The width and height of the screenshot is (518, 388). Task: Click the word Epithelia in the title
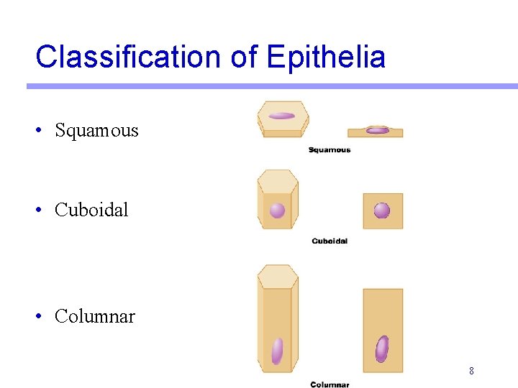click(x=326, y=57)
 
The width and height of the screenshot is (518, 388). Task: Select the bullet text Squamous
click(x=96, y=131)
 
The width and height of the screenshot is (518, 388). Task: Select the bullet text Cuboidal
click(x=91, y=210)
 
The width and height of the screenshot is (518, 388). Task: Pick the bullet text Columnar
click(x=94, y=316)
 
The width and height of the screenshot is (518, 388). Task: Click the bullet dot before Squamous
click(x=40, y=131)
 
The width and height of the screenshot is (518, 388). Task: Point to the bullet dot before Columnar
click(x=40, y=316)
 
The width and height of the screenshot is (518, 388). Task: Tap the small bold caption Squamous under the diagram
click(x=330, y=149)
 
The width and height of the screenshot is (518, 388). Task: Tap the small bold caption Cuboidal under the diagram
click(x=330, y=241)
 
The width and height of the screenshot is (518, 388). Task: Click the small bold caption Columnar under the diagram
click(x=330, y=384)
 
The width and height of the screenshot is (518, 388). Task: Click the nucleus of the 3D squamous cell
click(x=281, y=116)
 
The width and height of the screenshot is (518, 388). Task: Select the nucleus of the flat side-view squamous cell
click(x=377, y=130)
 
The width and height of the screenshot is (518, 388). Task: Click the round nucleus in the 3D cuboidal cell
click(x=277, y=211)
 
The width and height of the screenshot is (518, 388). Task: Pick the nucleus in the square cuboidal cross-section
click(x=382, y=211)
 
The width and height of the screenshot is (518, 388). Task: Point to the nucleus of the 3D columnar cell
click(x=277, y=351)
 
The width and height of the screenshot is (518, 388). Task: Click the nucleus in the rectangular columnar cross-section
click(x=382, y=348)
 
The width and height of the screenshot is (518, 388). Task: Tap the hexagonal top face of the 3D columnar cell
click(x=278, y=276)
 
